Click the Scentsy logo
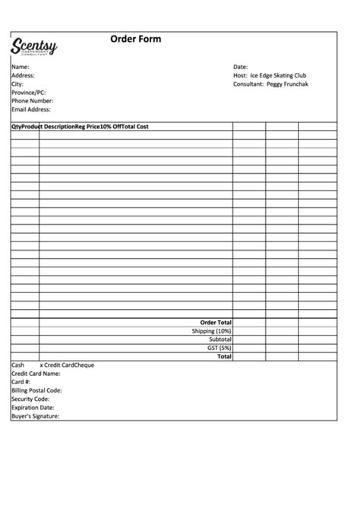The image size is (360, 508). coord(34,48)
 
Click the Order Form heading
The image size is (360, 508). coord(136,39)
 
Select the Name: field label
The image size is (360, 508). coord(20,67)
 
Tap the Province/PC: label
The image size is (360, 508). coord(29,92)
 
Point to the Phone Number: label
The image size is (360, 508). coord(32,100)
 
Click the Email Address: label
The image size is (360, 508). coord(31,109)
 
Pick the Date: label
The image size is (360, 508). coord(240,67)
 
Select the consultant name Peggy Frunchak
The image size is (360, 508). coord(287,84)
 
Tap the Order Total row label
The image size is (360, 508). coord(216,323)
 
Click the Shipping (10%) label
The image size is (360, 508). coord(212,331)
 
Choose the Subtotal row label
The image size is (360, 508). coord(219,339)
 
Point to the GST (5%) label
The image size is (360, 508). coord(219,348)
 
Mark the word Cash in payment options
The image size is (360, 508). coord(17,365)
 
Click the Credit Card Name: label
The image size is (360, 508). coord(36,374)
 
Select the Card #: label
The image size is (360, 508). coord(21,382)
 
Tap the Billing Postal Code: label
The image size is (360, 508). coord(36,390)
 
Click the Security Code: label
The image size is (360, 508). coord(30,399)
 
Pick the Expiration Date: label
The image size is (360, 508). coord(33,407)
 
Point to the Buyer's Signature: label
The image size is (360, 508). coord(35,416)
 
